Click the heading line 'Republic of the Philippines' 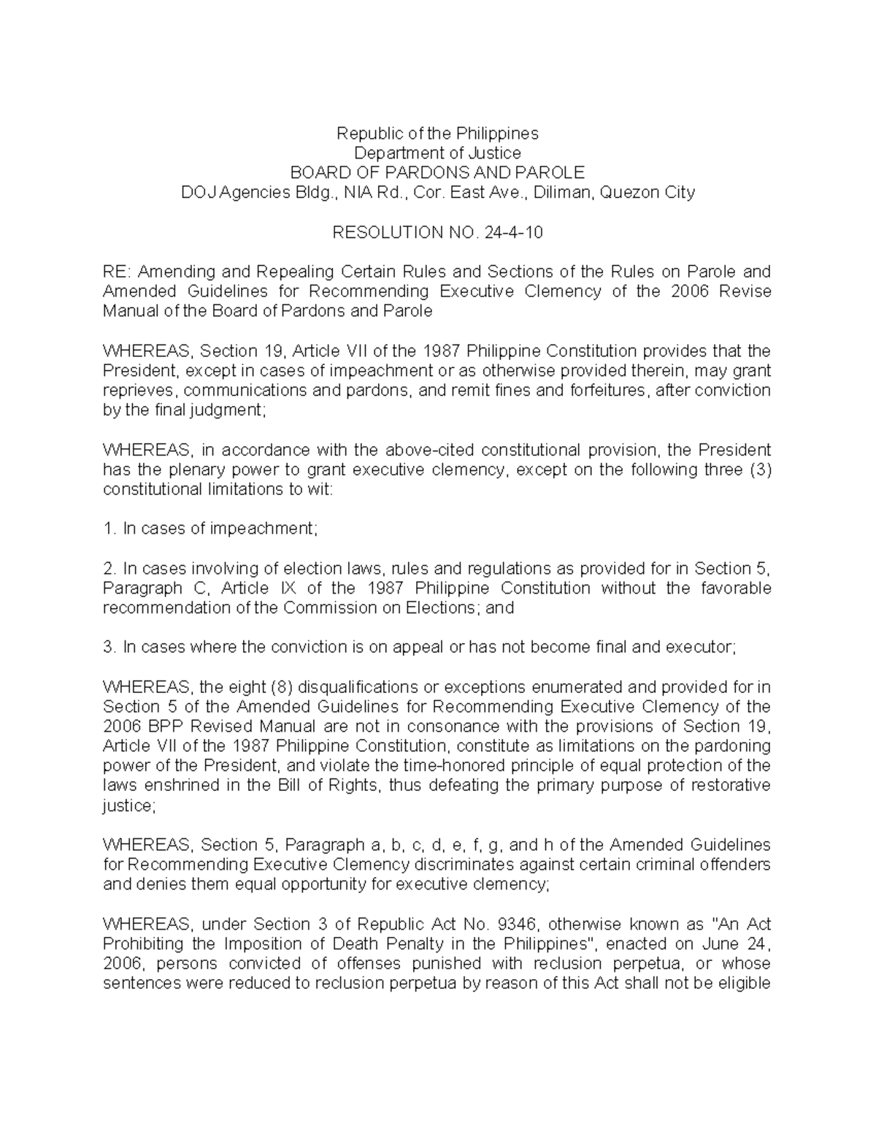437,134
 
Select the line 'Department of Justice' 437,153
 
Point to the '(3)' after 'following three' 761,470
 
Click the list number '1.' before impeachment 109,529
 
